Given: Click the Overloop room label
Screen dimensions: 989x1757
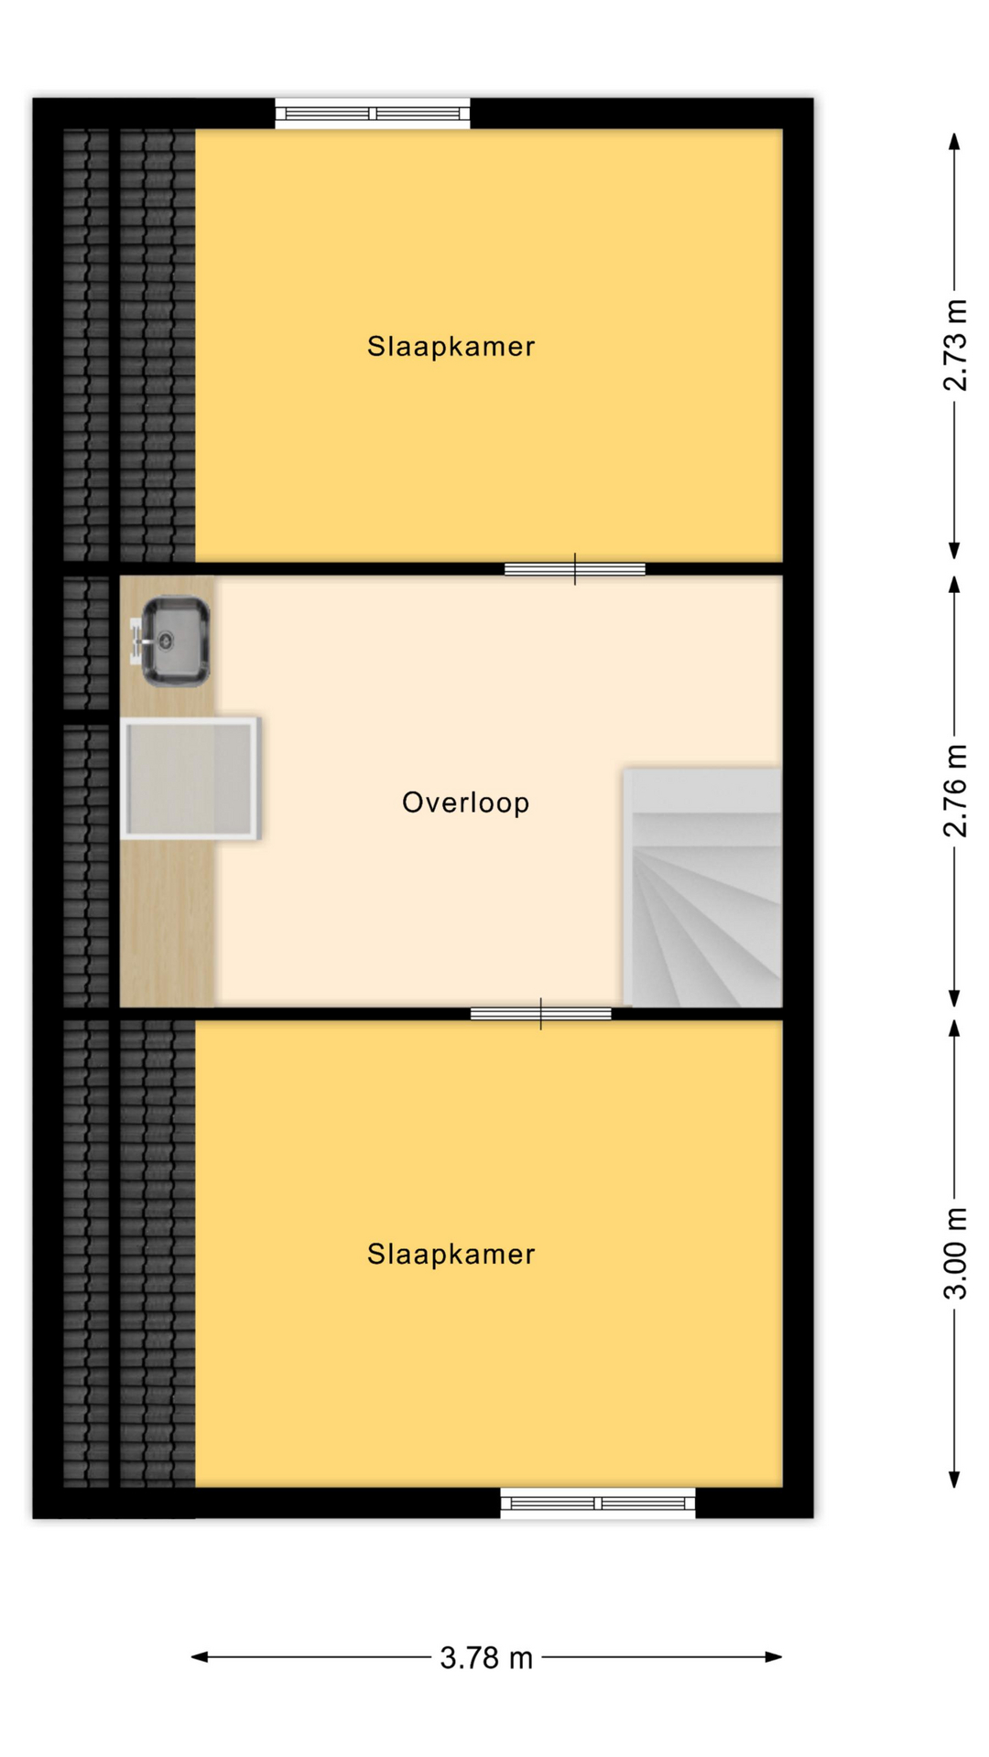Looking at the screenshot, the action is (x=465, y=803).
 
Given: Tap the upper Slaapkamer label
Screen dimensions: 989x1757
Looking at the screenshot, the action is (x=451, y=346).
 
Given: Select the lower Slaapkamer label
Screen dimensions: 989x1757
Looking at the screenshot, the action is (x=451, y=1254).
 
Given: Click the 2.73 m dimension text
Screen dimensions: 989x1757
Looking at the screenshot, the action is (x=954, y=345).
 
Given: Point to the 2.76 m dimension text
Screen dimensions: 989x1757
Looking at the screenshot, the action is (x=954, y=791).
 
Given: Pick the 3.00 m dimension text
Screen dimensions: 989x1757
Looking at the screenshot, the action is (x=954, y=1253).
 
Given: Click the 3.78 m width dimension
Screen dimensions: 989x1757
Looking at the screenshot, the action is (x=486, y=1657).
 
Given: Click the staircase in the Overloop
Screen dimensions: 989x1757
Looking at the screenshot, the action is (x=702, y=888).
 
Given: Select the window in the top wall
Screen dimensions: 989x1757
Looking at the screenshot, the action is (x=373, y=113).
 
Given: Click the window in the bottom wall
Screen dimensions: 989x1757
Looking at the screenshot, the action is (x=598, y=1503).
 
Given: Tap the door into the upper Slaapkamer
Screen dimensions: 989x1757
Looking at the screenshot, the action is (x=575, y=569).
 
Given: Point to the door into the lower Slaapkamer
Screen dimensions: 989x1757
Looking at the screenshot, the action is (x=541, y=1014).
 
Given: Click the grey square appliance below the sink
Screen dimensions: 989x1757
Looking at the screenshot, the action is (x=190, y=779).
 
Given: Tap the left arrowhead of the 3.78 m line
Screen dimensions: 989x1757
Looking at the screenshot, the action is (x=199, y=1656).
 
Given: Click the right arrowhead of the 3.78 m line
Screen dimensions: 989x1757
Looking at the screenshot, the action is (x=775, y=1656).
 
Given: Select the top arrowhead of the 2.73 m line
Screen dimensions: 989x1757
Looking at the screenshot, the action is (x=954, y=141).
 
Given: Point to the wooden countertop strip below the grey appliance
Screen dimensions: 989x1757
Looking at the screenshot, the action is (x=168, y=923).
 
